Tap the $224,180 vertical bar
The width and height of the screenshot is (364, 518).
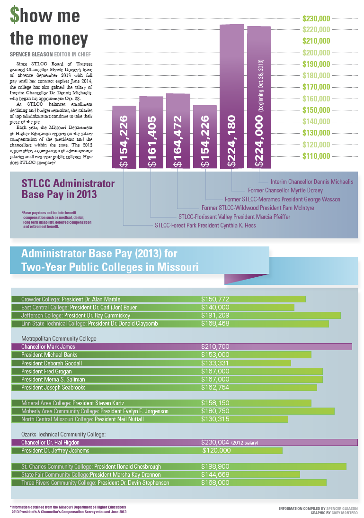[x=232, y=95]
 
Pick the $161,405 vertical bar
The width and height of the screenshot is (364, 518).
[x=151, y=133]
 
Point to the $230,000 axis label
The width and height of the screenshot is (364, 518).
[x=316, y=19]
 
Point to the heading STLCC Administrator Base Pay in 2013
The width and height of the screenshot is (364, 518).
[x=68, y=189]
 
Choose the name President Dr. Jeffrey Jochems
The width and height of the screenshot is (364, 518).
[x=55, y=450]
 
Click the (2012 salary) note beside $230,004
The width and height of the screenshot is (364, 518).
[x=245, y=443]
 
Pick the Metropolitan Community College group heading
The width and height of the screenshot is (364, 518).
[x=59, y=339]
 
